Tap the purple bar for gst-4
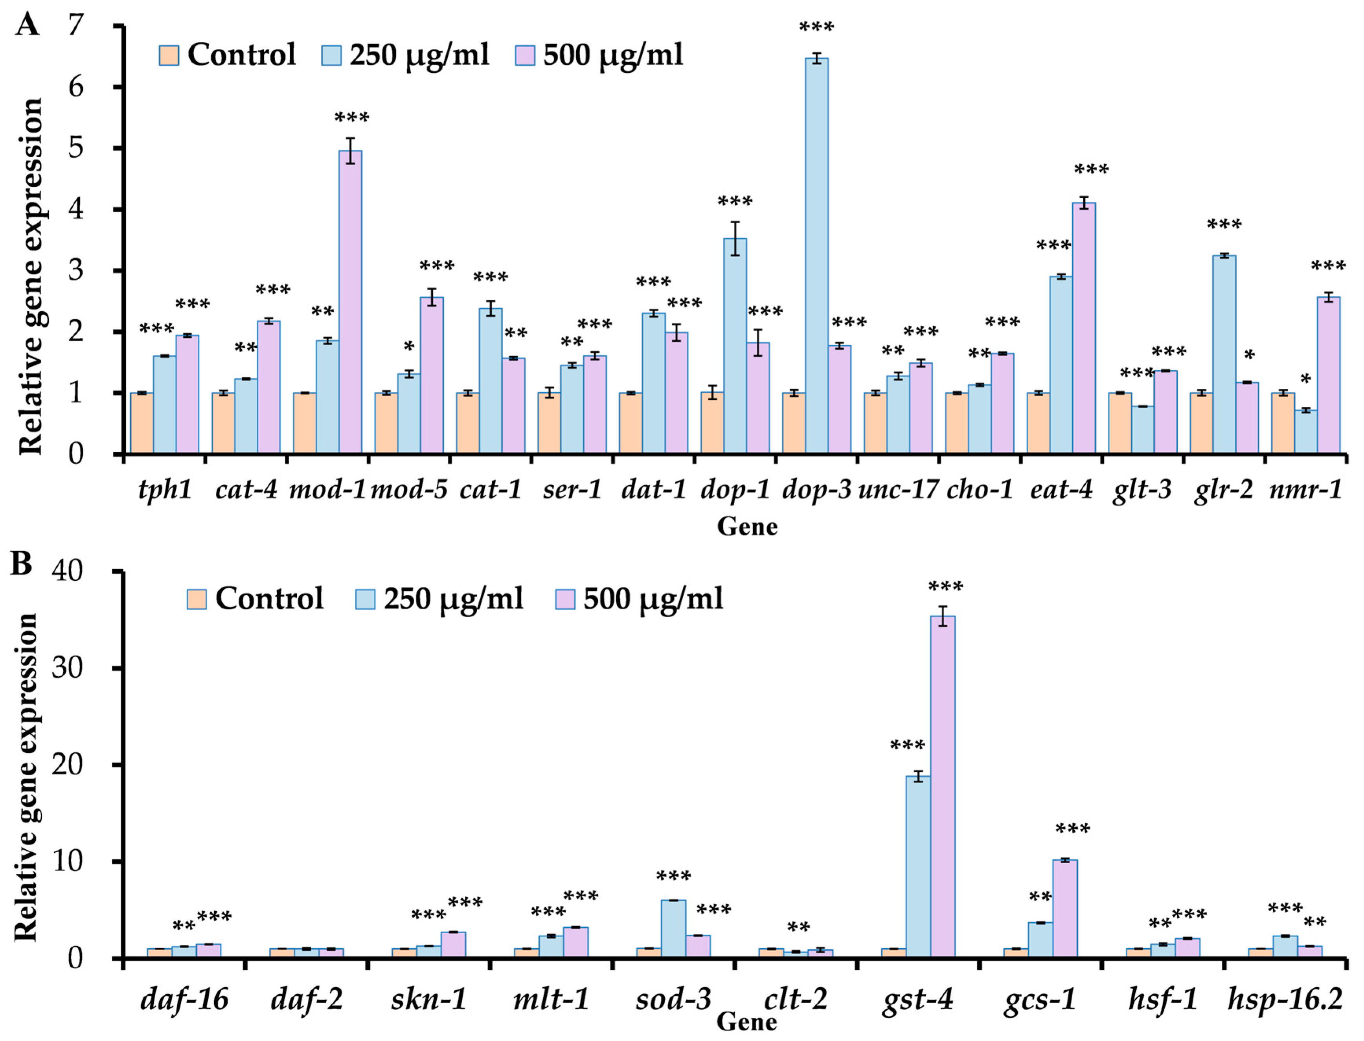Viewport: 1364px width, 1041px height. coord(942,787)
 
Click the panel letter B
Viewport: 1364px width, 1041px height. coord(21,564)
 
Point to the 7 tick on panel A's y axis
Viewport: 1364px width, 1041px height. coord(75,26)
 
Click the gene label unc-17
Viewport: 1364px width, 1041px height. coord(897,489)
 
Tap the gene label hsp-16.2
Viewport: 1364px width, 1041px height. coord(1285,999)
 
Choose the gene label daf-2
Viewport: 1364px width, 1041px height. coord(306,999)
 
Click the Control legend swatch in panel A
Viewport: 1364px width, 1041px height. coord(169,55)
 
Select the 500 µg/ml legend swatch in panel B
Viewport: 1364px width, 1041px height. coord(564,599)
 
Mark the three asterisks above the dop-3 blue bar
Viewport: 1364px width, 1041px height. coord(816,27)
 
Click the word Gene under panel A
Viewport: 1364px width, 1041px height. coord(746,527)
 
